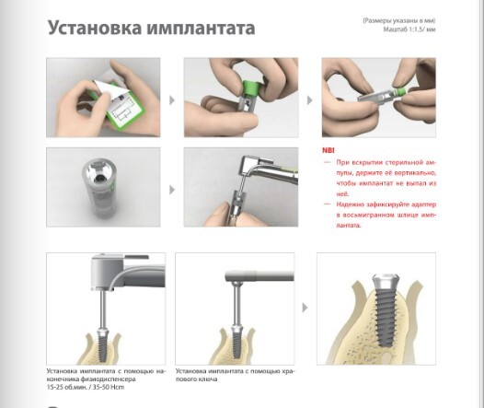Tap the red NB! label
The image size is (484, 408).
(328, 150)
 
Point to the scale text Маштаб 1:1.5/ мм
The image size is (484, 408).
(409, 29)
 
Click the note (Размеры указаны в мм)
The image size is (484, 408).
(399, 20)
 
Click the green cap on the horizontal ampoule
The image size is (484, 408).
(400, 92)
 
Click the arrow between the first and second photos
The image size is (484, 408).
(172, 100)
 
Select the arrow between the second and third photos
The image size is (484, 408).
(309, 100)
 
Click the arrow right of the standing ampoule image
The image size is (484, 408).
(172, 190)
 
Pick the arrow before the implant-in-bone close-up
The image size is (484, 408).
(305, 308)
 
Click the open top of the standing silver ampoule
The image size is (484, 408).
(98, 170)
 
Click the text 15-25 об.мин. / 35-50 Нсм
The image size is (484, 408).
(86, 388)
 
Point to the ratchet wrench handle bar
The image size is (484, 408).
(259, 275)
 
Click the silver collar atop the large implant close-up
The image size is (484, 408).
(384, 283)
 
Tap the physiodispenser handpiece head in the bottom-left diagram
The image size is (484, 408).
(108, 272)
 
